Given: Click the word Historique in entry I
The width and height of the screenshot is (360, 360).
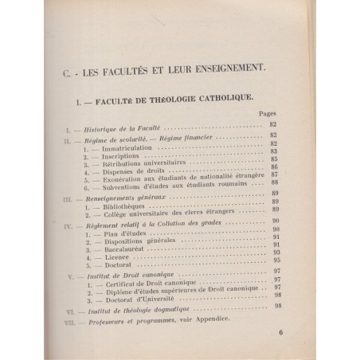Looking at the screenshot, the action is (99, 127).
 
